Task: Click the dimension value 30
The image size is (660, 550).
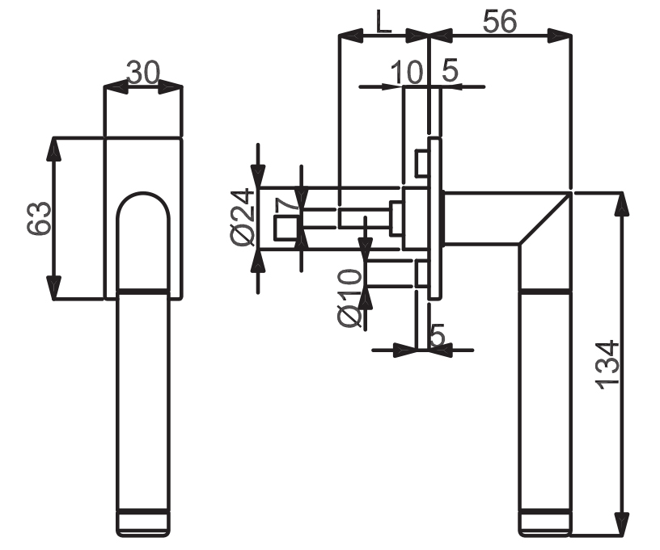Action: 143,73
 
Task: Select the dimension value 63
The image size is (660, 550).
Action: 39,217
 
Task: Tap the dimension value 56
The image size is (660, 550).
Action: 500,21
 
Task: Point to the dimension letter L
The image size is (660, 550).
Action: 383,21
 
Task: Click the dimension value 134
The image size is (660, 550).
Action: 607,365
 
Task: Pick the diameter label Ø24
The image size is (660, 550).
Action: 243,217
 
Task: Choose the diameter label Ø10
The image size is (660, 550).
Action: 349,298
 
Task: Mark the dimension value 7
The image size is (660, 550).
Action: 286,205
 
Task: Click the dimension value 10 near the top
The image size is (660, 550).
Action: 406,72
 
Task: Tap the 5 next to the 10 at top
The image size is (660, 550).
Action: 450,70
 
